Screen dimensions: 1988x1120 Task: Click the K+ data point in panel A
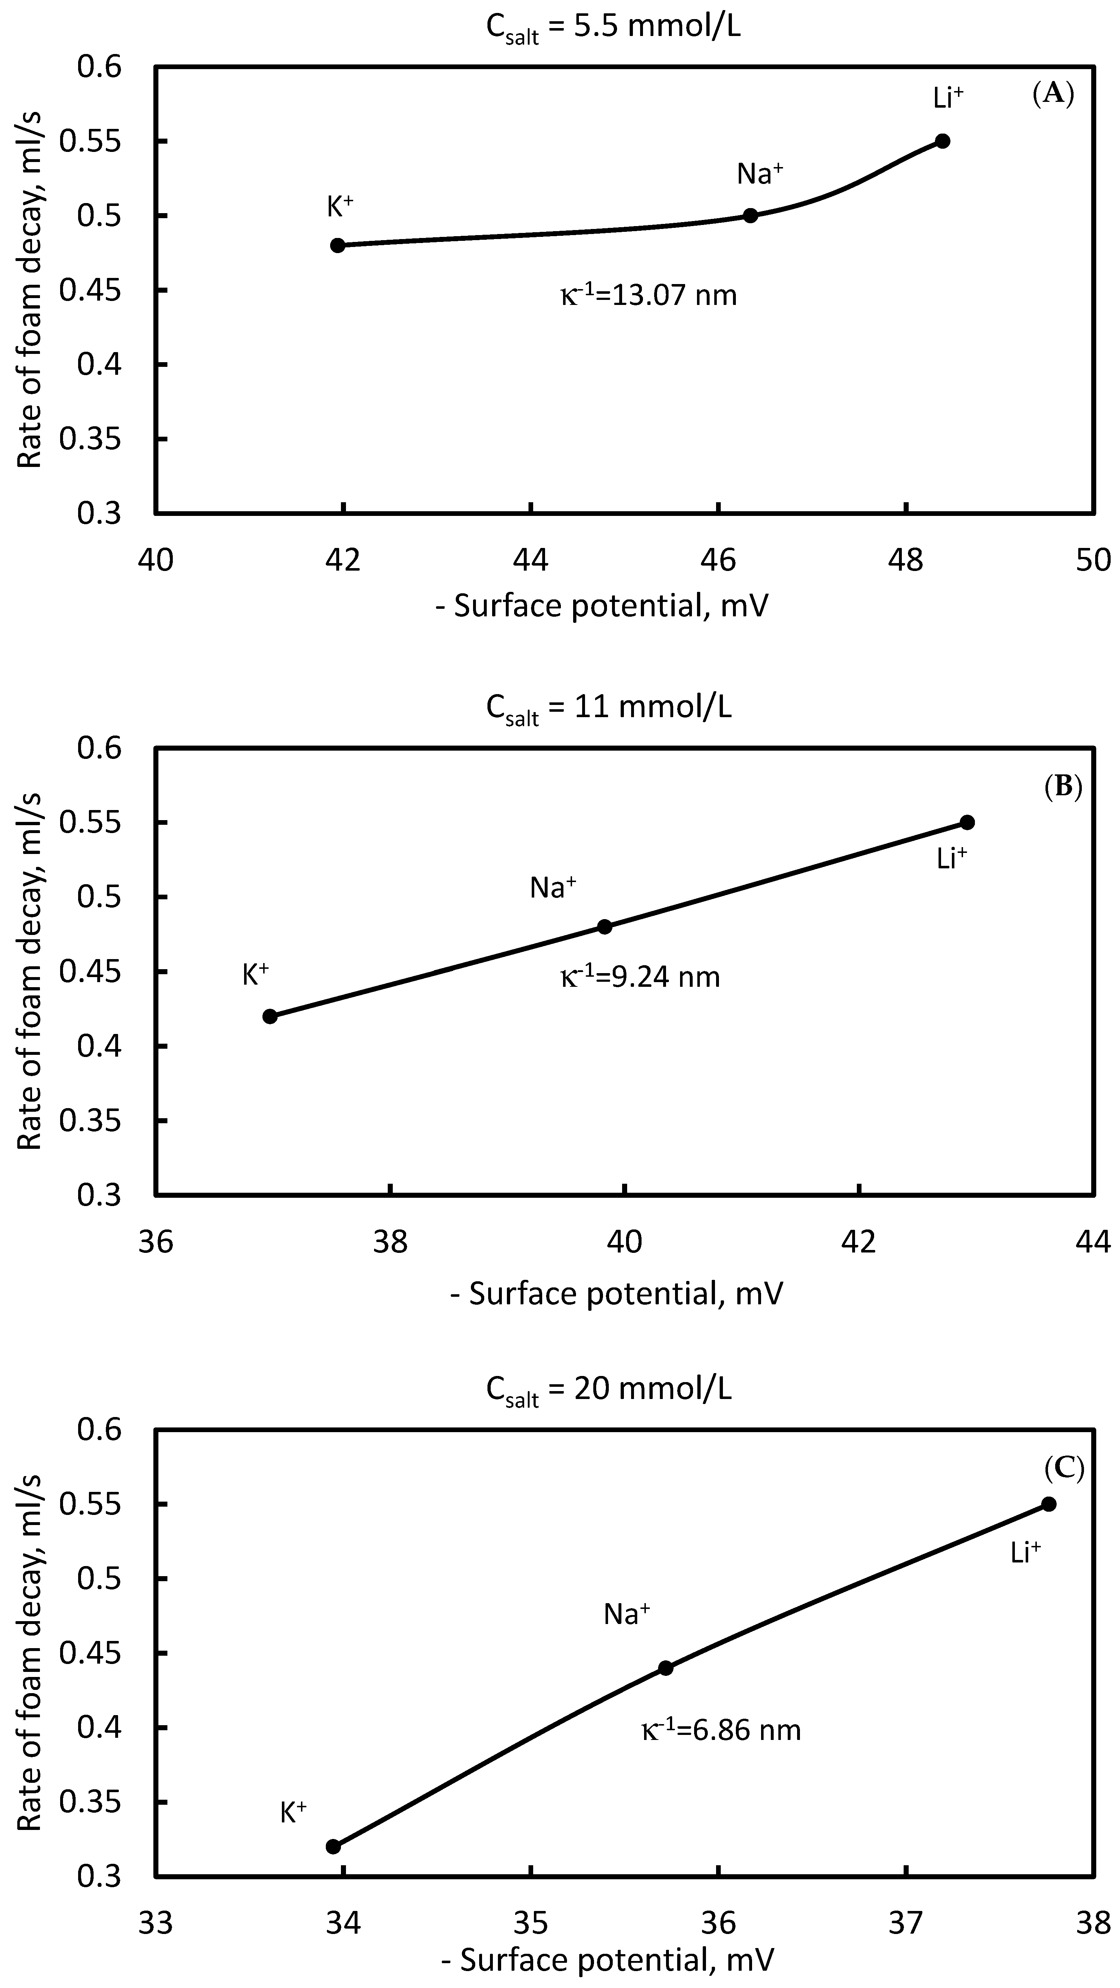pos(337,246)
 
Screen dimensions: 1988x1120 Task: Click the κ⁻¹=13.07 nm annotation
pos(648,295)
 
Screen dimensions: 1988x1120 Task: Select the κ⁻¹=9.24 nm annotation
pos(640,977)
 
